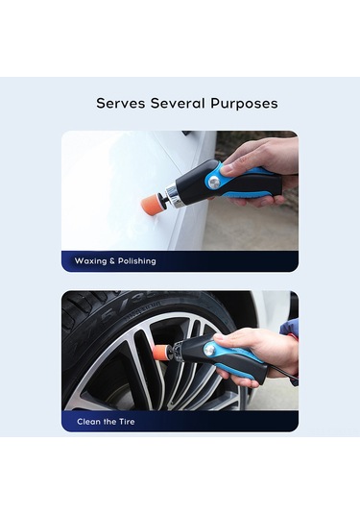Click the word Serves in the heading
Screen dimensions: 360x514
click(121, 103)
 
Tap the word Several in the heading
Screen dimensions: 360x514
click(178, 103)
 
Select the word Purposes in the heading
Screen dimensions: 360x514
click(244, 104)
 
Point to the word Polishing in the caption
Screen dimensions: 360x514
click(137, 261)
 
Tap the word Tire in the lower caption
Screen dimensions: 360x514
click(127, 421)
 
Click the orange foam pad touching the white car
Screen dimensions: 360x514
click(151, 204)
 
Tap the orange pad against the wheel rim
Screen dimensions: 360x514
click(161, 353)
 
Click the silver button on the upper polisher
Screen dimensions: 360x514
click(214, 181)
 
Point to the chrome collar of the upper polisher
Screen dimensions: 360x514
click(175, 195)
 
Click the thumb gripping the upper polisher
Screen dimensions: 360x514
click(236, 167)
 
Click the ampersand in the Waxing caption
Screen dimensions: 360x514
click(112, 261)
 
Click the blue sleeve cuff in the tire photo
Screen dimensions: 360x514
click(290, 328)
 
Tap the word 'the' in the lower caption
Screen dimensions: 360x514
click(109, 421)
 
